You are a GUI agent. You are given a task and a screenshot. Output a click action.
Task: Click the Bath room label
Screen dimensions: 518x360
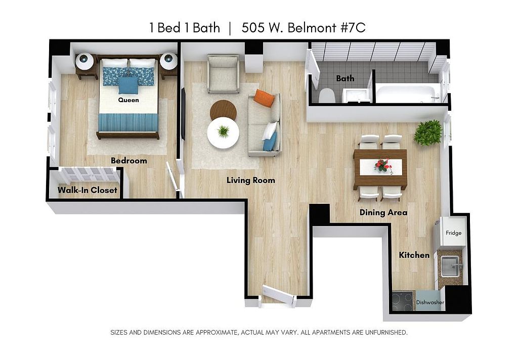(345, 78)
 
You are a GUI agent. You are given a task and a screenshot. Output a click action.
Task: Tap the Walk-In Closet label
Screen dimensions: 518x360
(87, 190)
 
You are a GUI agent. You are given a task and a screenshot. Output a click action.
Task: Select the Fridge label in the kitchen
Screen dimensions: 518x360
(453, 233)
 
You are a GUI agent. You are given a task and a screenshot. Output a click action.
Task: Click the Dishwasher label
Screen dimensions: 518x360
(430, 302)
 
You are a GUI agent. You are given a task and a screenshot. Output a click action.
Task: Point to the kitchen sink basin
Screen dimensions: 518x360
(451, 267)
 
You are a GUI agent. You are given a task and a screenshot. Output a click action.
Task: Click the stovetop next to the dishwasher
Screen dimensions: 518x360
(403, 301)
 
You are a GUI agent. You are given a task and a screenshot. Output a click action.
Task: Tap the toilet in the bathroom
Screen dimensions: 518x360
(327, 95)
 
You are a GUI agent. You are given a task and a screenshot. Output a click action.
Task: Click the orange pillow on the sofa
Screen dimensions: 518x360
(264, 98)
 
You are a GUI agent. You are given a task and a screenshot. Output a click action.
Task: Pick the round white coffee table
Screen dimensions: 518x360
(223, 133)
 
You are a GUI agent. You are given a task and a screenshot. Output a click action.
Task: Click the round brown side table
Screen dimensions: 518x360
(223, 110)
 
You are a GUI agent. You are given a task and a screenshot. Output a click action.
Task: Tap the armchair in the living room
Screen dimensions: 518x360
(223, 74)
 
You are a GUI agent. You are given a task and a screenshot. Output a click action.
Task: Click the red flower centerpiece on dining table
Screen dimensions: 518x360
(383, 165)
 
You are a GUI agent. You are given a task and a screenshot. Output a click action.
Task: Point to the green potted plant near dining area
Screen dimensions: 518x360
(428, 133)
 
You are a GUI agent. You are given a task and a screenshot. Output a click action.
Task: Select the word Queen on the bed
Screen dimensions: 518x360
(128, 100)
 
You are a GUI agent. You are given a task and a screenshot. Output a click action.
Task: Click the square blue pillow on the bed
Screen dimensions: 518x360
(128, 85)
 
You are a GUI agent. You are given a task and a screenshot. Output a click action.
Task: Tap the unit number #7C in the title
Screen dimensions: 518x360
(353, 28)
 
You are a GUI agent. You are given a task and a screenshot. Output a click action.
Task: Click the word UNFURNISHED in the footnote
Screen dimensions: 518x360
(386, 332)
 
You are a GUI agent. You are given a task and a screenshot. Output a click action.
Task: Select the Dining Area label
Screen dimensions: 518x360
(383, 212)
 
